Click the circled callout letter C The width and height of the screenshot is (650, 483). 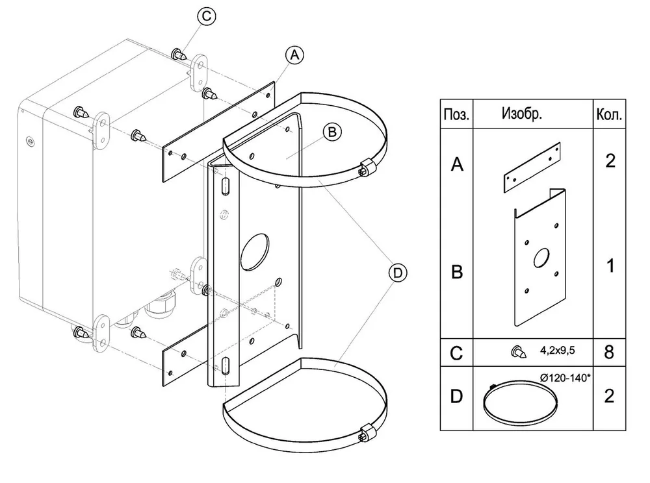coord(206,17)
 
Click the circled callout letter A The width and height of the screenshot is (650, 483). coord(294,55)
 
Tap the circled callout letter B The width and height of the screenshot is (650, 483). coord(332,132)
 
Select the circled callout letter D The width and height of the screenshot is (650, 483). coord(398,273)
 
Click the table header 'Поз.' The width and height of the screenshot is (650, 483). coord(456,115)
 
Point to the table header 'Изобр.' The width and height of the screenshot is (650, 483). coord(521,113)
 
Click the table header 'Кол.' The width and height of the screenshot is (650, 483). coord(609,115)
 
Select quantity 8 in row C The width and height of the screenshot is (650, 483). coord(609,353)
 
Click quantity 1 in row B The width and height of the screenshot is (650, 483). coord(610,266)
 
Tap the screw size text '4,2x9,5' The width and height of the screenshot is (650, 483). coord(557,351)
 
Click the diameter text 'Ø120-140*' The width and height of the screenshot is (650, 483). coord(565,378)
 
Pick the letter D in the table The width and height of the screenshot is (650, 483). coord(456,397)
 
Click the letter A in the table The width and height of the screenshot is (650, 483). coord(457,164)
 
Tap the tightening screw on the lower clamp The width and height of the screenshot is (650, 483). coord(366,432)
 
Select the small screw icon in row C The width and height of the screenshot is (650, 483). coord(519,351)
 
